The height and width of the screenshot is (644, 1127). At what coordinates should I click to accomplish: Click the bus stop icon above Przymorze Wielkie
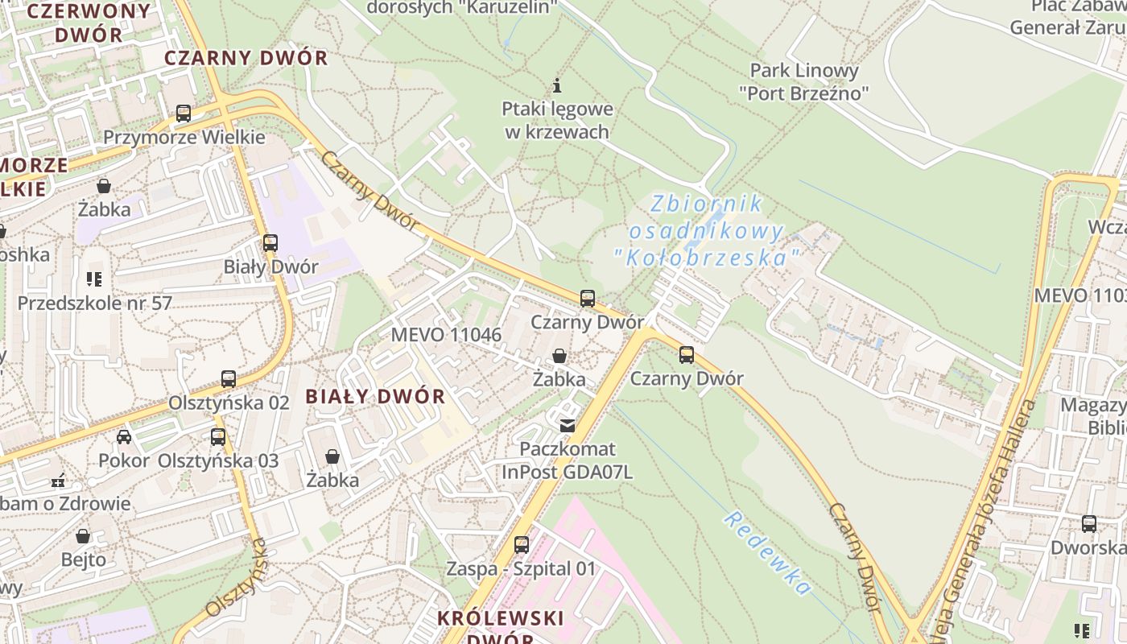[184, 114]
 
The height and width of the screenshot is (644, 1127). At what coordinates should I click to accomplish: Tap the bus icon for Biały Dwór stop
[270, 242]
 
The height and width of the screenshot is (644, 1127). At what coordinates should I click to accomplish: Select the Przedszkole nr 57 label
[95, 303]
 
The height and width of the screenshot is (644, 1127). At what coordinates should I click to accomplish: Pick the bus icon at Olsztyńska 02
[229, 379]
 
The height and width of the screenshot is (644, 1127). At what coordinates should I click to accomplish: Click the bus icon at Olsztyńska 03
[218, 437]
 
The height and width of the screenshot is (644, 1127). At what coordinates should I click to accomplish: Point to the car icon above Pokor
[124, 437]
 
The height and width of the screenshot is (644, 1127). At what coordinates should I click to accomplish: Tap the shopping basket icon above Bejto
[83, 536]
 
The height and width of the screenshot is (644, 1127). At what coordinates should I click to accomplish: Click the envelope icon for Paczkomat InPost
[568, 425]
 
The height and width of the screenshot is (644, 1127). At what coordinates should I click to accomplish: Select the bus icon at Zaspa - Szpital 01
[522, 545]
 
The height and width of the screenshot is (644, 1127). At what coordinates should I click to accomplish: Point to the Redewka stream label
[766, 552]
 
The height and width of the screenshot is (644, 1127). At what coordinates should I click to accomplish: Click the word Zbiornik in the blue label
[707, 204]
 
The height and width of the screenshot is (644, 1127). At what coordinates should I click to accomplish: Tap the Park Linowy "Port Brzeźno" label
[804, 81]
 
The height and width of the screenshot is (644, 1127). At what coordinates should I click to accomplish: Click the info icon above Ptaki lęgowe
[557, 85]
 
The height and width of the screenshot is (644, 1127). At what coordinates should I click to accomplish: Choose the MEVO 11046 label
[446, 335]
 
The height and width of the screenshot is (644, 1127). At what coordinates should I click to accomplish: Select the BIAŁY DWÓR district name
[375, 396]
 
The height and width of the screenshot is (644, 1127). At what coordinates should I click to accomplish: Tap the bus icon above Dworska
[1089, 524]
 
